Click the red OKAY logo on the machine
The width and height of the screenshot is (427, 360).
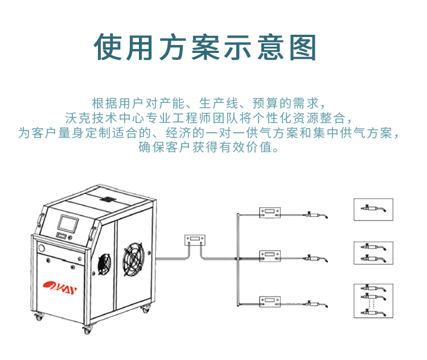[x=59, y=282]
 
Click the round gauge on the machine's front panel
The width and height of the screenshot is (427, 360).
[x=42, y=249]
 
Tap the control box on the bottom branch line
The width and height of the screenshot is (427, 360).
[x=269, y=300]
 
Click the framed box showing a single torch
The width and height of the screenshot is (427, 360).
[x=373, y=209]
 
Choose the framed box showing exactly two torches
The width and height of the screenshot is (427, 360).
[x=373, y=253]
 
